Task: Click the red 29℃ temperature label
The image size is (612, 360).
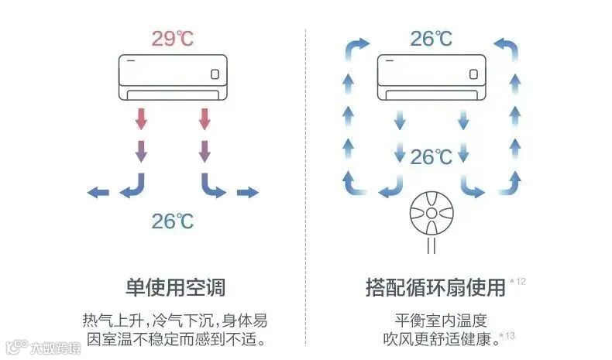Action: click(173, 39)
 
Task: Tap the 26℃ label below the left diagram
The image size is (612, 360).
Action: click(173, 221)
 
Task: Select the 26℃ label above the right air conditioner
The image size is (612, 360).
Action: click(431, 39)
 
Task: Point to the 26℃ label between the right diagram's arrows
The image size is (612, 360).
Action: click(431, 157)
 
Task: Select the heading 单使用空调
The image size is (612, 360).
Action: click(175, 288)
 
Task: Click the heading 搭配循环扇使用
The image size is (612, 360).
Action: click(435, 288)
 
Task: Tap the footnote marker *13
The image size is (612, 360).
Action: click(507, 335)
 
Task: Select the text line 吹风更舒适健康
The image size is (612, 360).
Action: click(438, 339)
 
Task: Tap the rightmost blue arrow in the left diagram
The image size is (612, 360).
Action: click(248, 193)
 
